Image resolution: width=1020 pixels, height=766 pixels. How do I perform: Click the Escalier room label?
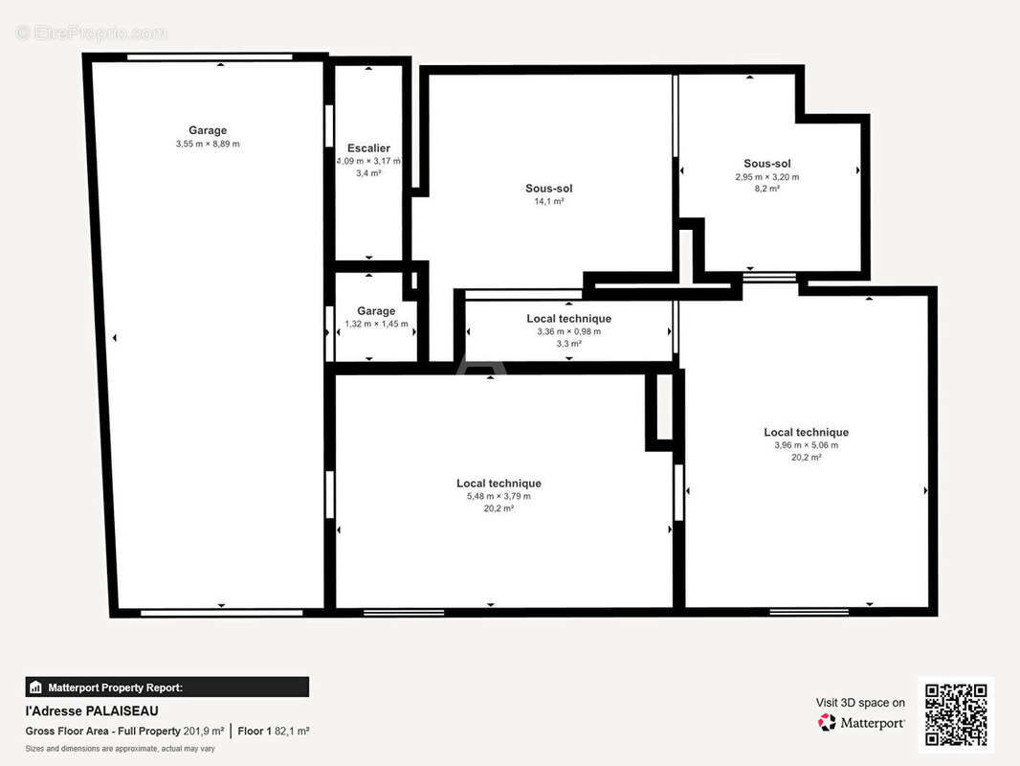pyautogui.click(x=368, y=148)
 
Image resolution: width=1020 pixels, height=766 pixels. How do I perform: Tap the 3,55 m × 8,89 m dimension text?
pyautogui.click(x=208, y=144)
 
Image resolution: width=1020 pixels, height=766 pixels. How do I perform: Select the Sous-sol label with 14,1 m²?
pyautogui.click(x=549, y=188)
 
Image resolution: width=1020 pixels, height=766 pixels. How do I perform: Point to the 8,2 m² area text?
pyautogui.click(x=767, y=189)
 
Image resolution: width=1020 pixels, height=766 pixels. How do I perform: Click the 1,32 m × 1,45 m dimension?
pyautogui.click(x=377, y=324)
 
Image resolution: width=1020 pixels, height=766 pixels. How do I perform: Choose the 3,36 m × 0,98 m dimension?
pyautogui.click(x=569, y=331)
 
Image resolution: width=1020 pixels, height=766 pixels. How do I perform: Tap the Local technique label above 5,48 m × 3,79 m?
pyautogui.click(x=499, y=483)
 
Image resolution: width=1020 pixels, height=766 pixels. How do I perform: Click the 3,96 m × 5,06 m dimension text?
pyautogui.click(x=806, y=445)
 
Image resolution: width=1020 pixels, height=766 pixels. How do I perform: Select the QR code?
pyautogui.click(x=956, y=714)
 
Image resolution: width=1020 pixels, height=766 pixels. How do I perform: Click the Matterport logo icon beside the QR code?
pyautogui.click(x=827, y=722)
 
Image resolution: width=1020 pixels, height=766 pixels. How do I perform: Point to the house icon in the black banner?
pyautogui.click(x=35, y=687)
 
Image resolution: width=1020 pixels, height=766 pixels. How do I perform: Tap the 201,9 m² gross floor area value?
pyautogui.click(x=204, y=731)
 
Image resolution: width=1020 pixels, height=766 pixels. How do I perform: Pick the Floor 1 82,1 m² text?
pyautogui.click(x=274, y=731)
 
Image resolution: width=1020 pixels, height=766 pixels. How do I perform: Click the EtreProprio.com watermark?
pyautogui.click(x=92, y=33)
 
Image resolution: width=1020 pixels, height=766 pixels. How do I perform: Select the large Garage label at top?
pyautogui.click(x=208, y=130)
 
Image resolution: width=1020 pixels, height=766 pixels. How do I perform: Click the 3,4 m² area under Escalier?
pyautogui.click(x=368, y=173)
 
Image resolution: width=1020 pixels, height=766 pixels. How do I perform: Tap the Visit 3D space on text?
pyautogui.click(x=860, y=703)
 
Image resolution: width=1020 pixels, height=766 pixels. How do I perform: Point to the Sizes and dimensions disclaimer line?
pyautogui.click(x=121, y=749)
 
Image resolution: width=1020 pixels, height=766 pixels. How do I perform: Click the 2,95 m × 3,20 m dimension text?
pyautogui.click(x=767, y=177)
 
